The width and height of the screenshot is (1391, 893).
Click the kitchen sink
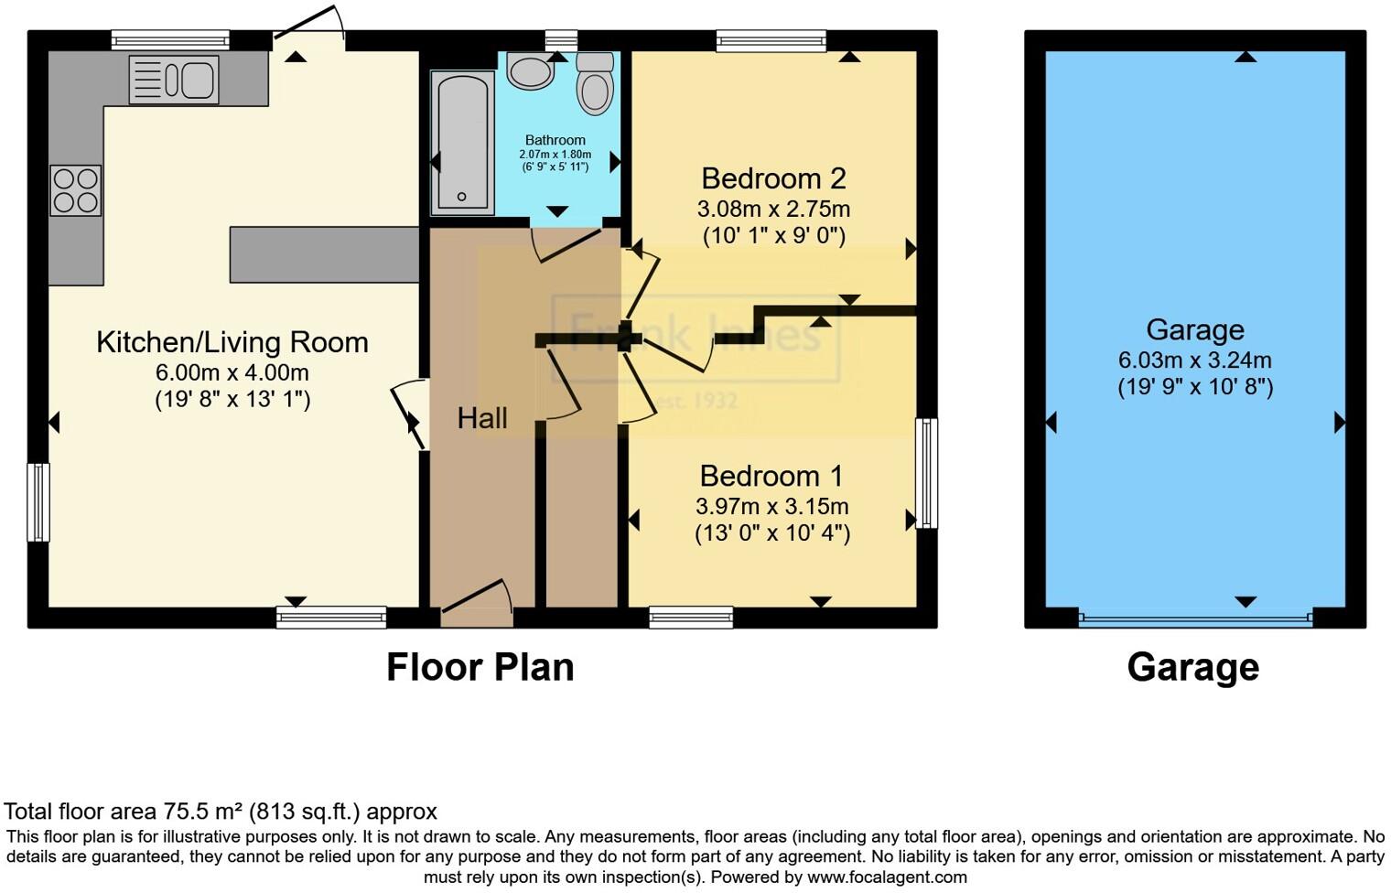point(174,80)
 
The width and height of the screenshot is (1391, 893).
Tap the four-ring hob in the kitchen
point(75,190)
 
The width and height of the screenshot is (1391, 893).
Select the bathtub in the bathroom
point(462,143)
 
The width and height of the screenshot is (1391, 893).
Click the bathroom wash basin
point(530,71)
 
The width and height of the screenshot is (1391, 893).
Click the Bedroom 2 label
point(773,178)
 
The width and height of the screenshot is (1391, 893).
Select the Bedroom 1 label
point(771,476)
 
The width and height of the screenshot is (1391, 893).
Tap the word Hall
point(481,418)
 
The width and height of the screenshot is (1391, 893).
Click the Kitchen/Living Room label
point(232,342)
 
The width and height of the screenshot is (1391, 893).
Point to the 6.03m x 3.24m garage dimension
point(1194,360)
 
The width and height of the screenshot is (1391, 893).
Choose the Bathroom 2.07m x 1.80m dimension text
point(555,155)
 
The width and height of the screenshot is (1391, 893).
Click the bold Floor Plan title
point(480,667)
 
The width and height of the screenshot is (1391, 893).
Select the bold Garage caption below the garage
point(1192,667)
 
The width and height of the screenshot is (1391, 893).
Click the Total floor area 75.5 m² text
point(221,812)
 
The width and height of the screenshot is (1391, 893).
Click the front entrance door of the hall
point(476,604)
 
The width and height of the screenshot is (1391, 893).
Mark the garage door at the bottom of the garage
point(1195,619)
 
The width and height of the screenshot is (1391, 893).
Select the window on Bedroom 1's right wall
point(926,473)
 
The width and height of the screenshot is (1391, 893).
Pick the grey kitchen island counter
point(324,254)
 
